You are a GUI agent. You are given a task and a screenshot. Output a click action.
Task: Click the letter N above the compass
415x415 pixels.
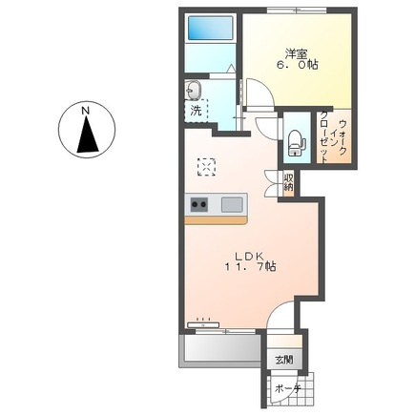pyautogui.click(x=85, y=111)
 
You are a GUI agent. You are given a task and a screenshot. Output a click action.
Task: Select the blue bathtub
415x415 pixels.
pyautogui.click(x=210, y=28)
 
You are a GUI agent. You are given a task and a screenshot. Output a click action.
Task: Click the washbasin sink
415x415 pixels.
pyautogui.click(x=194, y=90)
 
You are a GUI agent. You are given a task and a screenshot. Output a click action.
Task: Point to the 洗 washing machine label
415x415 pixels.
pyautogui.click(x=197, y=111)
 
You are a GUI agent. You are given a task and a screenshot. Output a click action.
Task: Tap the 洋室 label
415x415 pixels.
pyautogui.click(x=296, y=54)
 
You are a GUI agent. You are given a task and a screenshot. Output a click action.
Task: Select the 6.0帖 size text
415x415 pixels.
pyautogui.click(x=297, y=65)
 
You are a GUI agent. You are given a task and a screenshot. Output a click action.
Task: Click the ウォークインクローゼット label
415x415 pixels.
pyautogui.click(x=333, y=137)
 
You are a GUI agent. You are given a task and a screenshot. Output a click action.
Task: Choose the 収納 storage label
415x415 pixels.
pyautogui.click(x=288, y=181)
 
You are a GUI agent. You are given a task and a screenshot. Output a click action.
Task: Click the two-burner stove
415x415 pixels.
pyautogui.click(x=199, y=204)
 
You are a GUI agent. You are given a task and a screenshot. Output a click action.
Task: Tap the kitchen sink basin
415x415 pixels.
pyautogui.click(x=232, y=204)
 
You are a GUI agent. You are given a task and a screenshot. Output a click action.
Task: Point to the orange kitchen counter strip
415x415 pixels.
pyautogui.click(x=216, y=220)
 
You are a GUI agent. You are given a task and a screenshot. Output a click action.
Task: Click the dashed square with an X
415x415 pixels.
pyautogui.click(x=206, y=167)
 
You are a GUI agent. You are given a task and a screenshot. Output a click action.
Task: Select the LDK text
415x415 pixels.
pyautogui.click(x=249, y=256)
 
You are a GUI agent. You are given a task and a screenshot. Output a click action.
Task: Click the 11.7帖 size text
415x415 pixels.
pyautogui.click(x=251, y=266)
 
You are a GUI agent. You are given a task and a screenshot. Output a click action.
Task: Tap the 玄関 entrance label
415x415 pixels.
pyautogui.click(x=284, y=361)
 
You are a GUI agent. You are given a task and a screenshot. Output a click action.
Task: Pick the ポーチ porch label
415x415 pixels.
pyautogui.click(x=288, y=389)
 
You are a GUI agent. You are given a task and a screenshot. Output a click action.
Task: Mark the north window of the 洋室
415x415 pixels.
pyautogui.click(x=297, y=10)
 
